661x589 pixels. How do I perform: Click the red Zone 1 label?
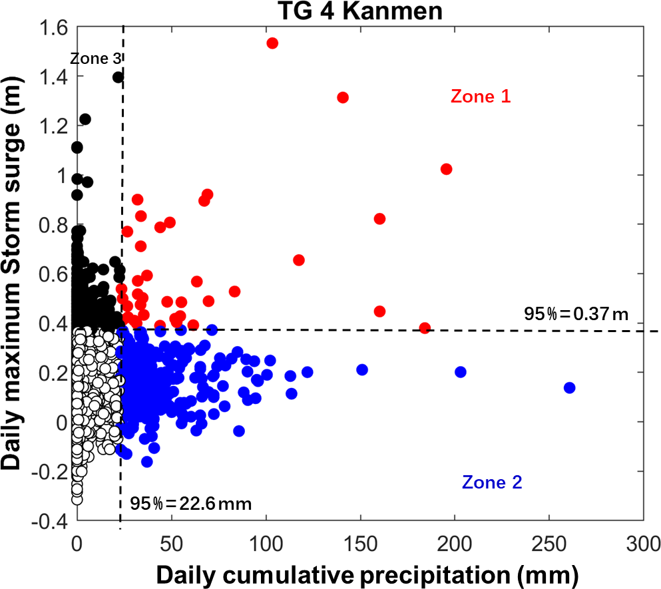click(481, 97)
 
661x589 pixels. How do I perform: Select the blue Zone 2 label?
click(492, 483)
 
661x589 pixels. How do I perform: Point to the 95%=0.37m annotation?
click(576, 313)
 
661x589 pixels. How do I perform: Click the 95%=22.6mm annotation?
click(190, 503)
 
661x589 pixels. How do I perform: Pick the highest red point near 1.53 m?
click(272, 43)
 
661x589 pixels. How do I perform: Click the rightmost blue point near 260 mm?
click(569, 388)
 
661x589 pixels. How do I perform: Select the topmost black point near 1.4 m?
click(118, 77)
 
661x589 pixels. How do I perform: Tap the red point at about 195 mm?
click(446, 169)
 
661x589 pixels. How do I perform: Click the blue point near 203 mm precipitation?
click(460, 372)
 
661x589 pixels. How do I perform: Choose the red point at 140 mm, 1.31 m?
click(343, 98)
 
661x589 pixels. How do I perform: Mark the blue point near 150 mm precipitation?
click(362, 369)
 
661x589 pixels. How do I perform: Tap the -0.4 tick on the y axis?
click(53, 521)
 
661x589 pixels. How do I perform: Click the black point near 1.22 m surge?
click(85, 119)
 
